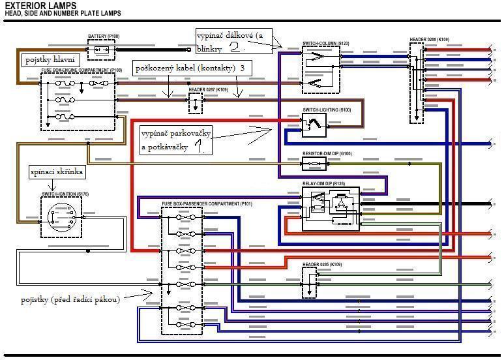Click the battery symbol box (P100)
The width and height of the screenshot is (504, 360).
click(101, 50)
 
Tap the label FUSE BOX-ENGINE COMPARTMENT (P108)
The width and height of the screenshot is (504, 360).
click(82, 70)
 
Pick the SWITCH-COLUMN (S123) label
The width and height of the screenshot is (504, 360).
click(325, 44)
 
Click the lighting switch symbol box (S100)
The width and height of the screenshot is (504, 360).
click(314, 124)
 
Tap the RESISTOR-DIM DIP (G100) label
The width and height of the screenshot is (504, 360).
click(327, 153)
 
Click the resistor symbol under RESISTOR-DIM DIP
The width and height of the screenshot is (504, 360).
click(318, 162)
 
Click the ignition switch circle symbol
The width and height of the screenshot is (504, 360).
click(61, 215)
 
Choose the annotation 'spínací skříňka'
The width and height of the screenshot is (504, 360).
click(56, 172)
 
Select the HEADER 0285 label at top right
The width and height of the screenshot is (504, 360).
click(429, 40)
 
